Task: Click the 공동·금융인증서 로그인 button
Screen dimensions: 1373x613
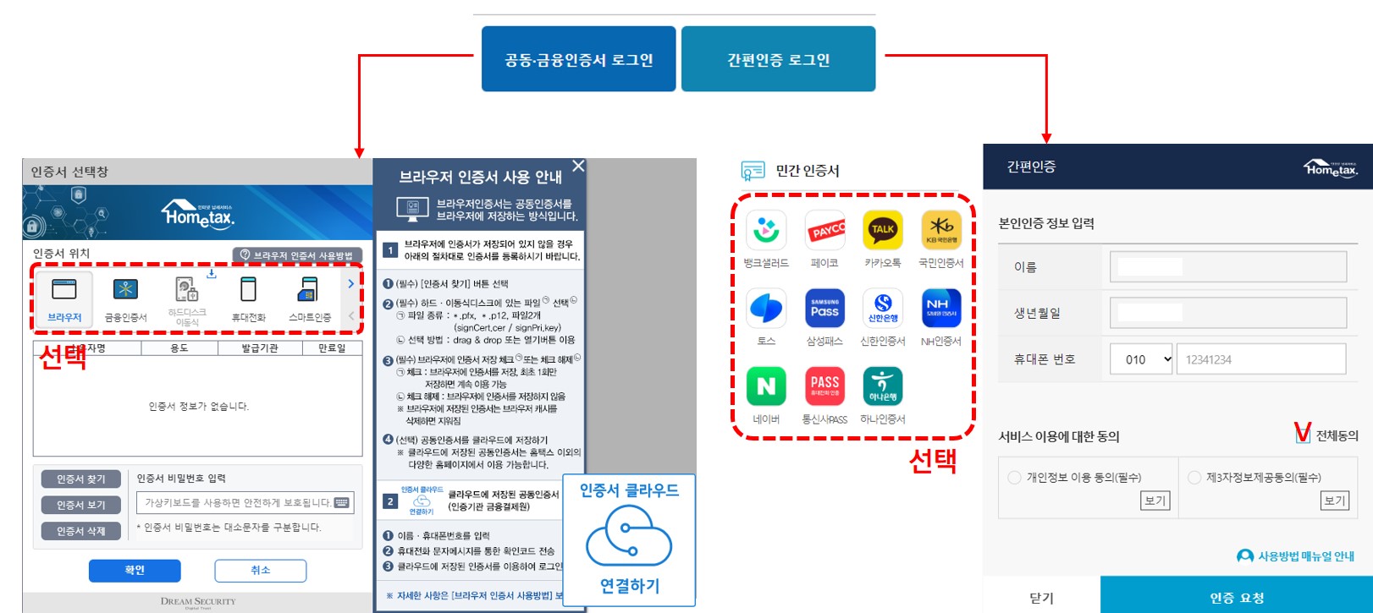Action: (x=578, y=59)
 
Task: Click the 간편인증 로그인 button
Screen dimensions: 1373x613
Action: (x=778, y=59)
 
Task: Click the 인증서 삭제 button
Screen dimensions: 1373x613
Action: (x=81, y=531)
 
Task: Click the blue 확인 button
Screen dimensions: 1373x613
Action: (x=135, y=571)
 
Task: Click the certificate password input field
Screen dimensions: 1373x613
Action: (x=245, y=502)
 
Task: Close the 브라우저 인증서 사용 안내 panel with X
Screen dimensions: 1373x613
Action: (x=578, y=167)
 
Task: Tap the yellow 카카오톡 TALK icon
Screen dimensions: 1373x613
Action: (x=882, y=230)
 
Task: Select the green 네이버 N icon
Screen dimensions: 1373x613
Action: (x=766, y=386)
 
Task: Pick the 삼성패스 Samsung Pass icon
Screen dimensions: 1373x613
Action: (x=824, y=309)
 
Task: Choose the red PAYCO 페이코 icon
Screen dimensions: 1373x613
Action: (x=824, y=230)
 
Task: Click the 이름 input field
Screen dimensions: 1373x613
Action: (x=1227, y=267)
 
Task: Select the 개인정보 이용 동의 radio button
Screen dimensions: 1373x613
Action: (x=1014, y=478)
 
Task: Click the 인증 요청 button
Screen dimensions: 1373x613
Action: (x=1236, y=597)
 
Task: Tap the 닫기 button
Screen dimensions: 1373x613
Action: (x=1041, y=597)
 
